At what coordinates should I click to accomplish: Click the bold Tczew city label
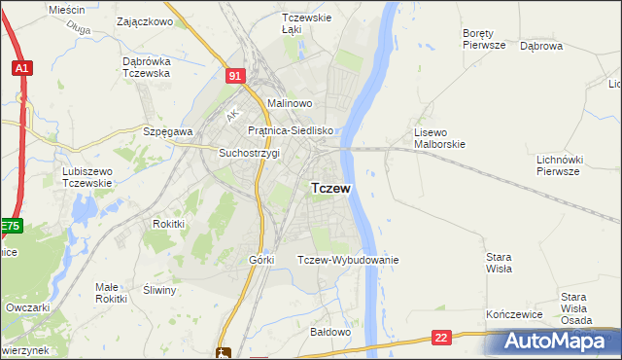tap(330, 188)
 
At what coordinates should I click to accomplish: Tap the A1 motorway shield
tap(21, 68)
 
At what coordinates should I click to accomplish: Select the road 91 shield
tap(234, 74)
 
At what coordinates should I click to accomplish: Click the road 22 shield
tap(442, 338)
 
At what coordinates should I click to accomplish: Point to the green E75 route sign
tap(10, 226)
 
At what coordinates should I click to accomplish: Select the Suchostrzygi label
tap(249, 153)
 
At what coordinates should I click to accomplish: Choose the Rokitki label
tap(168, 223)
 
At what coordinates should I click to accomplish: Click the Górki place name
tap(262, 260)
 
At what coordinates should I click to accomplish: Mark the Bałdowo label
tap(329, 332)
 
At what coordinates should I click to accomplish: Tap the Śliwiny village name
tap(159, 290)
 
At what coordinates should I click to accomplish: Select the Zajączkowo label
tap(144, 20)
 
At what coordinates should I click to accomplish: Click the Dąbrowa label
tap(541, 45)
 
